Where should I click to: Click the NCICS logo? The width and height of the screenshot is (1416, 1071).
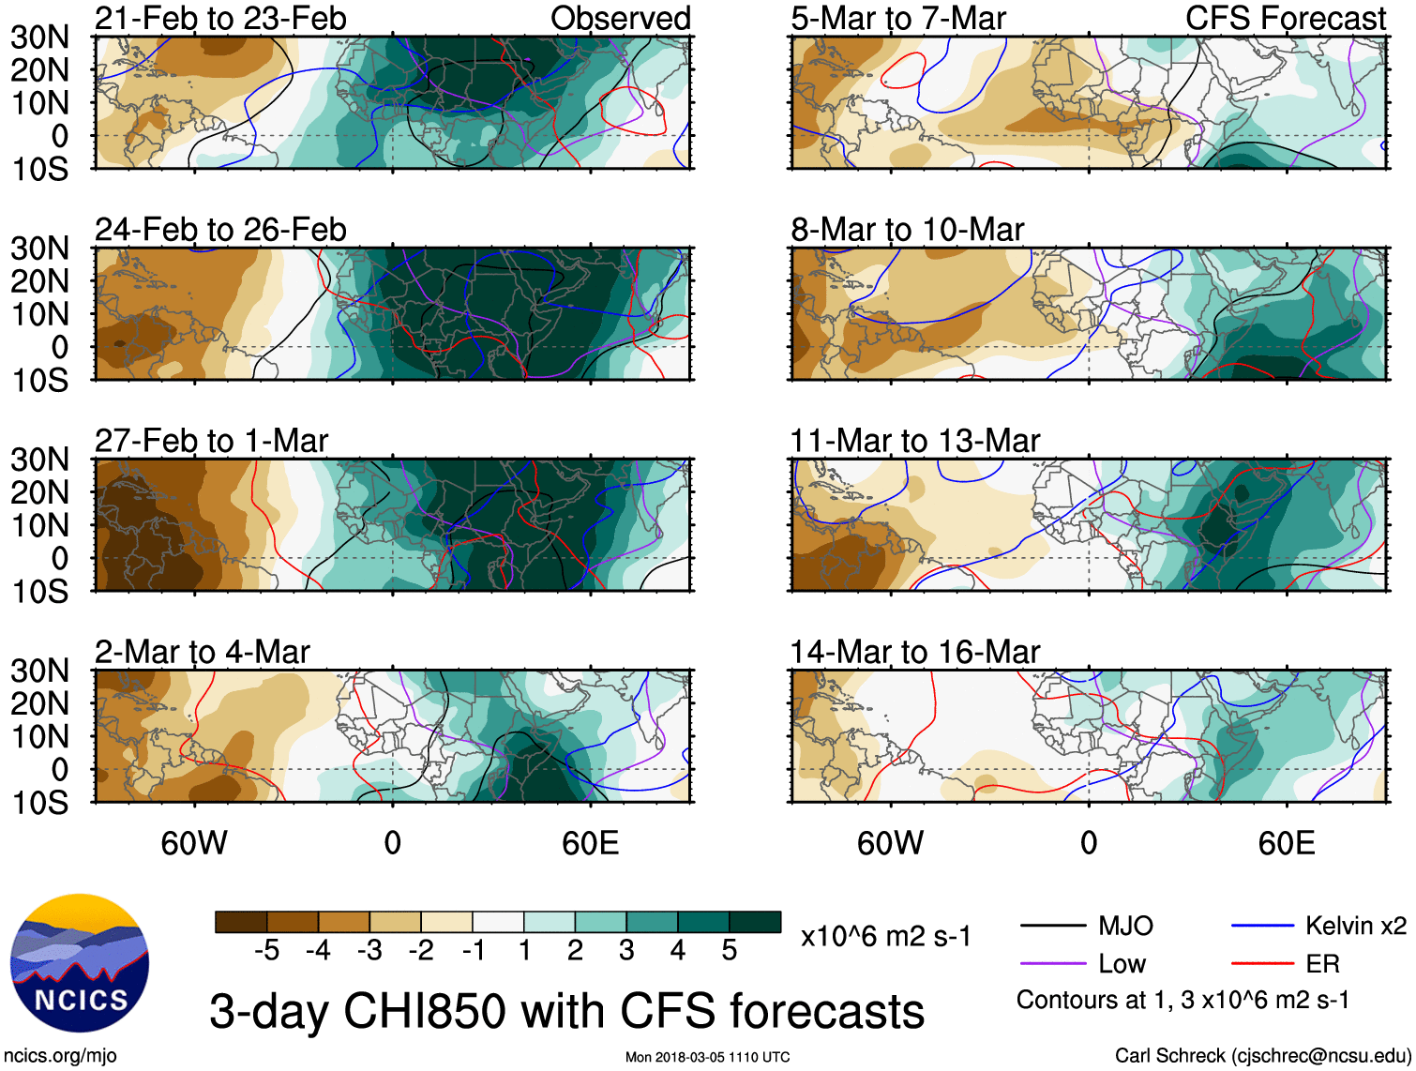point(80,963)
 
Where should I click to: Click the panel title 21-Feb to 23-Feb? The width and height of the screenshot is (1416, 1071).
point(220,18)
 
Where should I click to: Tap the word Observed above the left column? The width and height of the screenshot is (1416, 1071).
point(620,18)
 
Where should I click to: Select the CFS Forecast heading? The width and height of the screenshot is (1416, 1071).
point(1285,18)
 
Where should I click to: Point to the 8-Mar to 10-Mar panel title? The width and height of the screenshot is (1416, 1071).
point(907,230)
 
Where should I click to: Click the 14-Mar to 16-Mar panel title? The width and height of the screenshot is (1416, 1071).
point(914,652)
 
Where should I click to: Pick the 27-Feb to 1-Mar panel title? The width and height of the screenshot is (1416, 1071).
point(211,441)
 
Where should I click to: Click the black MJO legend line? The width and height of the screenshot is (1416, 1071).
point(1052,927)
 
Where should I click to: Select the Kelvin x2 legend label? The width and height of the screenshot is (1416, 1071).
point(1355,927)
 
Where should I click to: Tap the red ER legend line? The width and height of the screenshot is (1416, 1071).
point(1262,963)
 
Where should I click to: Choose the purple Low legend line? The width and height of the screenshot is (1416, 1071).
point(1052,963)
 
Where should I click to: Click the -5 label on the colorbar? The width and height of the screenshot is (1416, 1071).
point(266,951)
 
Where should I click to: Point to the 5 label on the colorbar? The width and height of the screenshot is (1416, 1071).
point(729,951)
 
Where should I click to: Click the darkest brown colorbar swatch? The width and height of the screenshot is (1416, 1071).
point(241,922)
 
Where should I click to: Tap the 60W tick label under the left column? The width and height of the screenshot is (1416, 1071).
point(194,843)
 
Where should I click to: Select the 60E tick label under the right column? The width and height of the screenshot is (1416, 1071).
point(1286,843)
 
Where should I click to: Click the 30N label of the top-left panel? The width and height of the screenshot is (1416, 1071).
point(39,38)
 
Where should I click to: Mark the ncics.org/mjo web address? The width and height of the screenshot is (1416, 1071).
point(60,1056)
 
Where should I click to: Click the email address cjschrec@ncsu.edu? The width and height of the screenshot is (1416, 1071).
point(1320,1056)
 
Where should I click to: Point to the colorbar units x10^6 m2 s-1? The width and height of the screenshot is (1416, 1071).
point(885,936)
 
